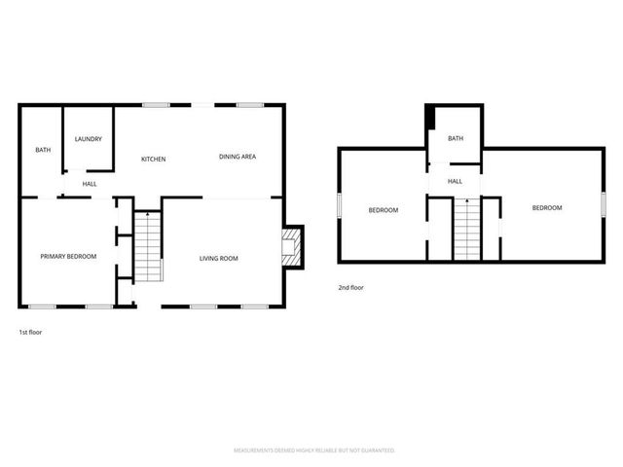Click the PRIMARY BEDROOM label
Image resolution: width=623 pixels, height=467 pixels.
click(68, 256)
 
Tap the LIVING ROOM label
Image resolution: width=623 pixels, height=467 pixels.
click(219, 258)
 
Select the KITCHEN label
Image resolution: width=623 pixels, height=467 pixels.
click(154, 159)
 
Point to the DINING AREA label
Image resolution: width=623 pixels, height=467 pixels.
click(238, 157)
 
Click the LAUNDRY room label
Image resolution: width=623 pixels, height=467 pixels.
click(89, 139)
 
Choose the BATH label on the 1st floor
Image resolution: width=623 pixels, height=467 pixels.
click(43, 150)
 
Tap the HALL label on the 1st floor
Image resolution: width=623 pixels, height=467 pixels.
click(90, 184)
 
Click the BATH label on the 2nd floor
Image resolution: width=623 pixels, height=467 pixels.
click(456, 138)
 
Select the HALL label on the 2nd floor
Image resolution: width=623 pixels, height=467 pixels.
click(455, 181)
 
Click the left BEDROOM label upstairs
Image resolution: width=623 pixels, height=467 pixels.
click(383, 210)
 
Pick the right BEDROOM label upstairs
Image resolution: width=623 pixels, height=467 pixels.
click(546, 208)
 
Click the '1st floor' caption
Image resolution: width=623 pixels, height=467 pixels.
click(30, 332)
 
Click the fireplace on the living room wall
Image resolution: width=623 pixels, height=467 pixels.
click(291, 247)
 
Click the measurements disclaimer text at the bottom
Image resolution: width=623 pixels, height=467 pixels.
click(314, 450)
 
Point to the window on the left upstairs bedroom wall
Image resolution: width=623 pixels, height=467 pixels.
click(339, 206)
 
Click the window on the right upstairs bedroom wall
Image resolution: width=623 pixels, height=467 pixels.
click(604, 207)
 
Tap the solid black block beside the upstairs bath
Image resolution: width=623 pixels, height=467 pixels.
click(429, 120)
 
